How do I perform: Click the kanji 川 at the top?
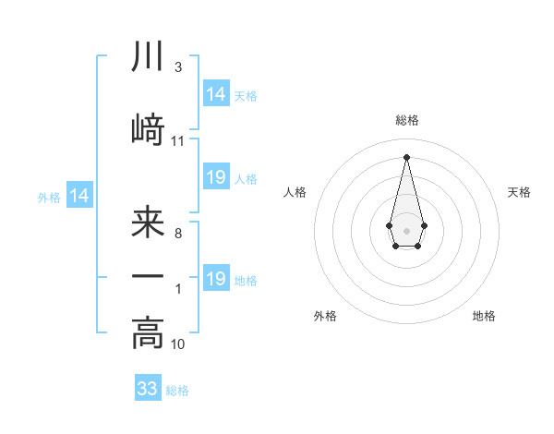coord(148,57)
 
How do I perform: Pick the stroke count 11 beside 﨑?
coord(178,141)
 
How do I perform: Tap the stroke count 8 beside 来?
coord(177,234)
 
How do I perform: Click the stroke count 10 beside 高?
coord(178,344)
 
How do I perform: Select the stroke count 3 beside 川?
coord(177,67)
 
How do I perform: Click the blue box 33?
coord(148,389)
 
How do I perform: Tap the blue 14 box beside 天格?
coord(216,94)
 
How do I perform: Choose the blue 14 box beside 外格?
coord(79,196)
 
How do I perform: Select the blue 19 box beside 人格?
coord(216,177)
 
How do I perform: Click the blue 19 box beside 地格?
coord(216,279)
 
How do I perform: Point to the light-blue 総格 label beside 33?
coord(177,391)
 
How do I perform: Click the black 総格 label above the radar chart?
coord(406,120)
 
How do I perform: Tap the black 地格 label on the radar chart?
coord(484,316)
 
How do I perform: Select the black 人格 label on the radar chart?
coord(295,192)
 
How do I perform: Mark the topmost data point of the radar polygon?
coord(406,156)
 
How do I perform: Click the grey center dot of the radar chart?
coord(406,229)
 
